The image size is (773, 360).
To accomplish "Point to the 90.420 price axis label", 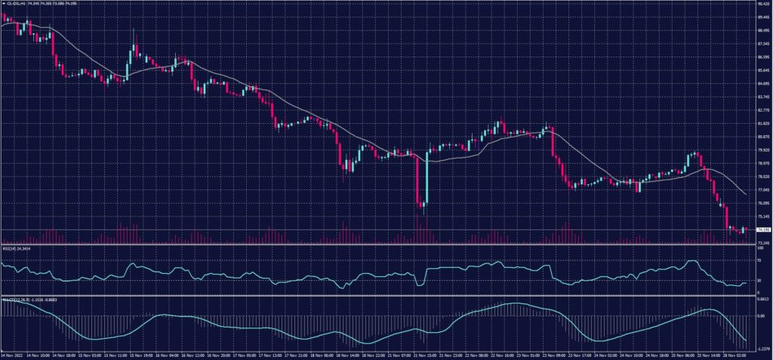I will click(x=762, y=3).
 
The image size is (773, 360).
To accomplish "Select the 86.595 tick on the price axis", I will click(x=762, y=57).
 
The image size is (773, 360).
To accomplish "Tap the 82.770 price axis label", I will click(x=762, y=110).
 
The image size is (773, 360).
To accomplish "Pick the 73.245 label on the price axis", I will click(x=762, y=242).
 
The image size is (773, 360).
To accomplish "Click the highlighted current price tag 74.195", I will click(x=762, y=229).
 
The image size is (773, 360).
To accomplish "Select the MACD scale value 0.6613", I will click(x=762, y=299).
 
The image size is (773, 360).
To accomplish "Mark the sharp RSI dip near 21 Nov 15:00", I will click(x=419, y=288).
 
